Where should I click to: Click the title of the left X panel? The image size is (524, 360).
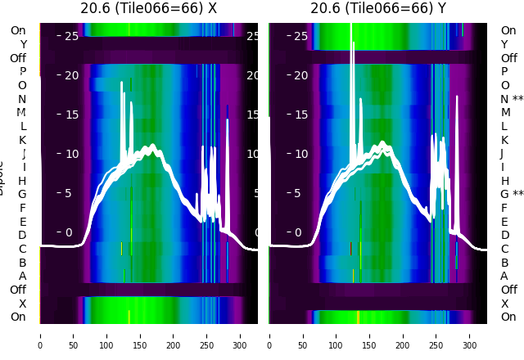click(148, 8)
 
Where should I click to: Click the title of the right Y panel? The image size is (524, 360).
click(378, 8)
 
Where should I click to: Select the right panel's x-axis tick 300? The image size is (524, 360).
click(469, 335)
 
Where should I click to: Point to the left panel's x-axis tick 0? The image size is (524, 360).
click(39, 335)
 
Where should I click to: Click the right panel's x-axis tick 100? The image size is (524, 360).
click(336, 335)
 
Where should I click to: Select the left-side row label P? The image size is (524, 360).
click(22, 71)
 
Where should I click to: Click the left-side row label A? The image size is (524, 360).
click(22, 276)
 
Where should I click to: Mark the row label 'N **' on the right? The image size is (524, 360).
click(512, 99)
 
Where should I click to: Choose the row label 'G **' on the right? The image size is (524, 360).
click(512, 194)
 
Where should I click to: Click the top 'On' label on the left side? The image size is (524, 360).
click(17, 30)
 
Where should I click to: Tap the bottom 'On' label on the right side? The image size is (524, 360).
click(508, 317)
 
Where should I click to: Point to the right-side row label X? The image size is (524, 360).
click(504, 304)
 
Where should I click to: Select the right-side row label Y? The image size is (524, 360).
click(504, 44)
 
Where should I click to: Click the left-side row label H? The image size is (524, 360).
click(22, 180)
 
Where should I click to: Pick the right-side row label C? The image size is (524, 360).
click(504, 249)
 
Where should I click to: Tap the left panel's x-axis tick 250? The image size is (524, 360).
click(207, 335)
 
